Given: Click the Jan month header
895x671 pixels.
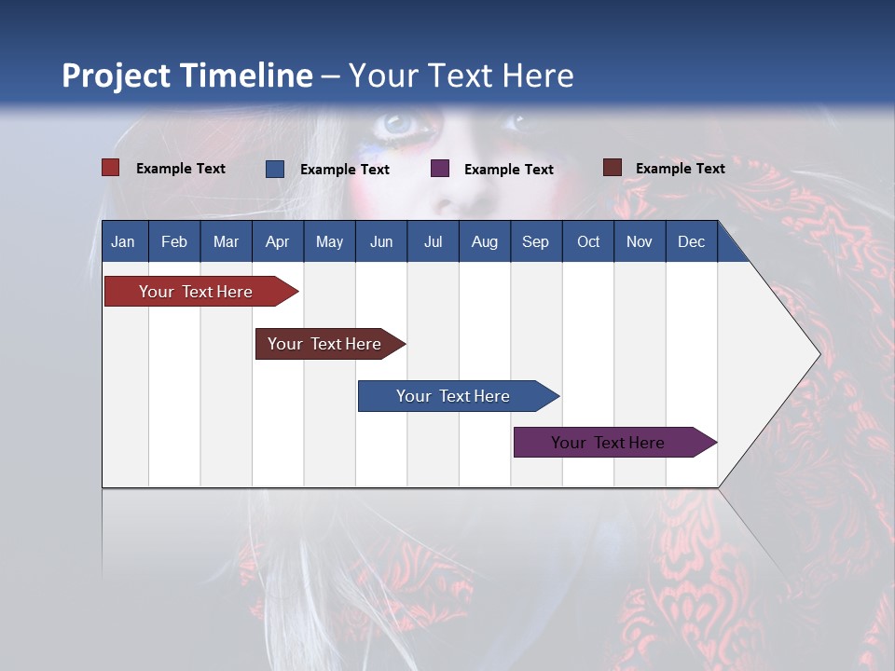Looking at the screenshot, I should point(124,241).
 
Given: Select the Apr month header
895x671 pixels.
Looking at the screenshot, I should point(277,241).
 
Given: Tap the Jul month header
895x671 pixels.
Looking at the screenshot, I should point(433,241).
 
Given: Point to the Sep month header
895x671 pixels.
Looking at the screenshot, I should point(535,241).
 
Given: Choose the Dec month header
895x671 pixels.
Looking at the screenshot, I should point(691,241).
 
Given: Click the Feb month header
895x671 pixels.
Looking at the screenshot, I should point(174,241).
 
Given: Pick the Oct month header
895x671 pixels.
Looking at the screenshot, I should point(588,241).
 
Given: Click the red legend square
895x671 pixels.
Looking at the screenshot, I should point(111,168).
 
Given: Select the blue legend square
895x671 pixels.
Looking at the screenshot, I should point(275,169).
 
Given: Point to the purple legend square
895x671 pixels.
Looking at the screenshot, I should point(440,169).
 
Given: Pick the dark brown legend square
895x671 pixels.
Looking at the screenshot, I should point(613,168).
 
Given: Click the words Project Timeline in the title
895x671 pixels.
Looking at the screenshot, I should point(186,75).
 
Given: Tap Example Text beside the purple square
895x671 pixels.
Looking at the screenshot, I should point(508,170).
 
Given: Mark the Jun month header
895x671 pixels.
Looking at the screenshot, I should point(381,241).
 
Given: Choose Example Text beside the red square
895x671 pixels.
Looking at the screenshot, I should point(180,169).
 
